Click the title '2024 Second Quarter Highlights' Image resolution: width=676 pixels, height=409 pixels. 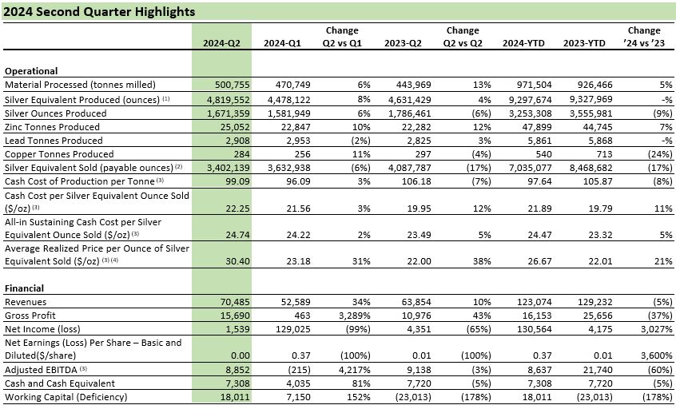(99, 12)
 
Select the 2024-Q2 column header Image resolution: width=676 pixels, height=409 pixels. (221, 43)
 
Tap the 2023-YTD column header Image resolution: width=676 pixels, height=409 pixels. (584, 43)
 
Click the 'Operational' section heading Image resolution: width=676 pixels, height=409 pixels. (31, 71)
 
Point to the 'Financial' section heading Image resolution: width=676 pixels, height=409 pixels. (24, 288)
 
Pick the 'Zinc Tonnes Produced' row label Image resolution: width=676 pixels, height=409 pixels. (52, 127)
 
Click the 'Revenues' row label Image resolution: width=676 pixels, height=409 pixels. (26, 302)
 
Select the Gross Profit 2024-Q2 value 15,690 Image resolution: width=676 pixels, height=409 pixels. (235, 316)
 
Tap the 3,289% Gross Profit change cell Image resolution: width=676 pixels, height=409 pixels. (355, 316)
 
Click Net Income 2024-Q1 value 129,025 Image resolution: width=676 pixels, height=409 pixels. (293, 329)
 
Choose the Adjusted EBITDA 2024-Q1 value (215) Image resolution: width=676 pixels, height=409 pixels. (299, 370)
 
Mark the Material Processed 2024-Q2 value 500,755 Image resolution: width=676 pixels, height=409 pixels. (233, 85)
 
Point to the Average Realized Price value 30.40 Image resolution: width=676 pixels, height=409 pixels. (237, 261)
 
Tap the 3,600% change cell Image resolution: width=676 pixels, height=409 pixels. (657, 355)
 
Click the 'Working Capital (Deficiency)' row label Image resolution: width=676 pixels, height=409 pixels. (66, 397)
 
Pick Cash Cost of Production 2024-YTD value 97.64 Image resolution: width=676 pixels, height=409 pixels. (539, 181)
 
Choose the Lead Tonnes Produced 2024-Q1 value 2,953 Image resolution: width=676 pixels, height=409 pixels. (298, 141)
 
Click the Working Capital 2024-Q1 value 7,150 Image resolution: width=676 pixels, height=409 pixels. (298, 397)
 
